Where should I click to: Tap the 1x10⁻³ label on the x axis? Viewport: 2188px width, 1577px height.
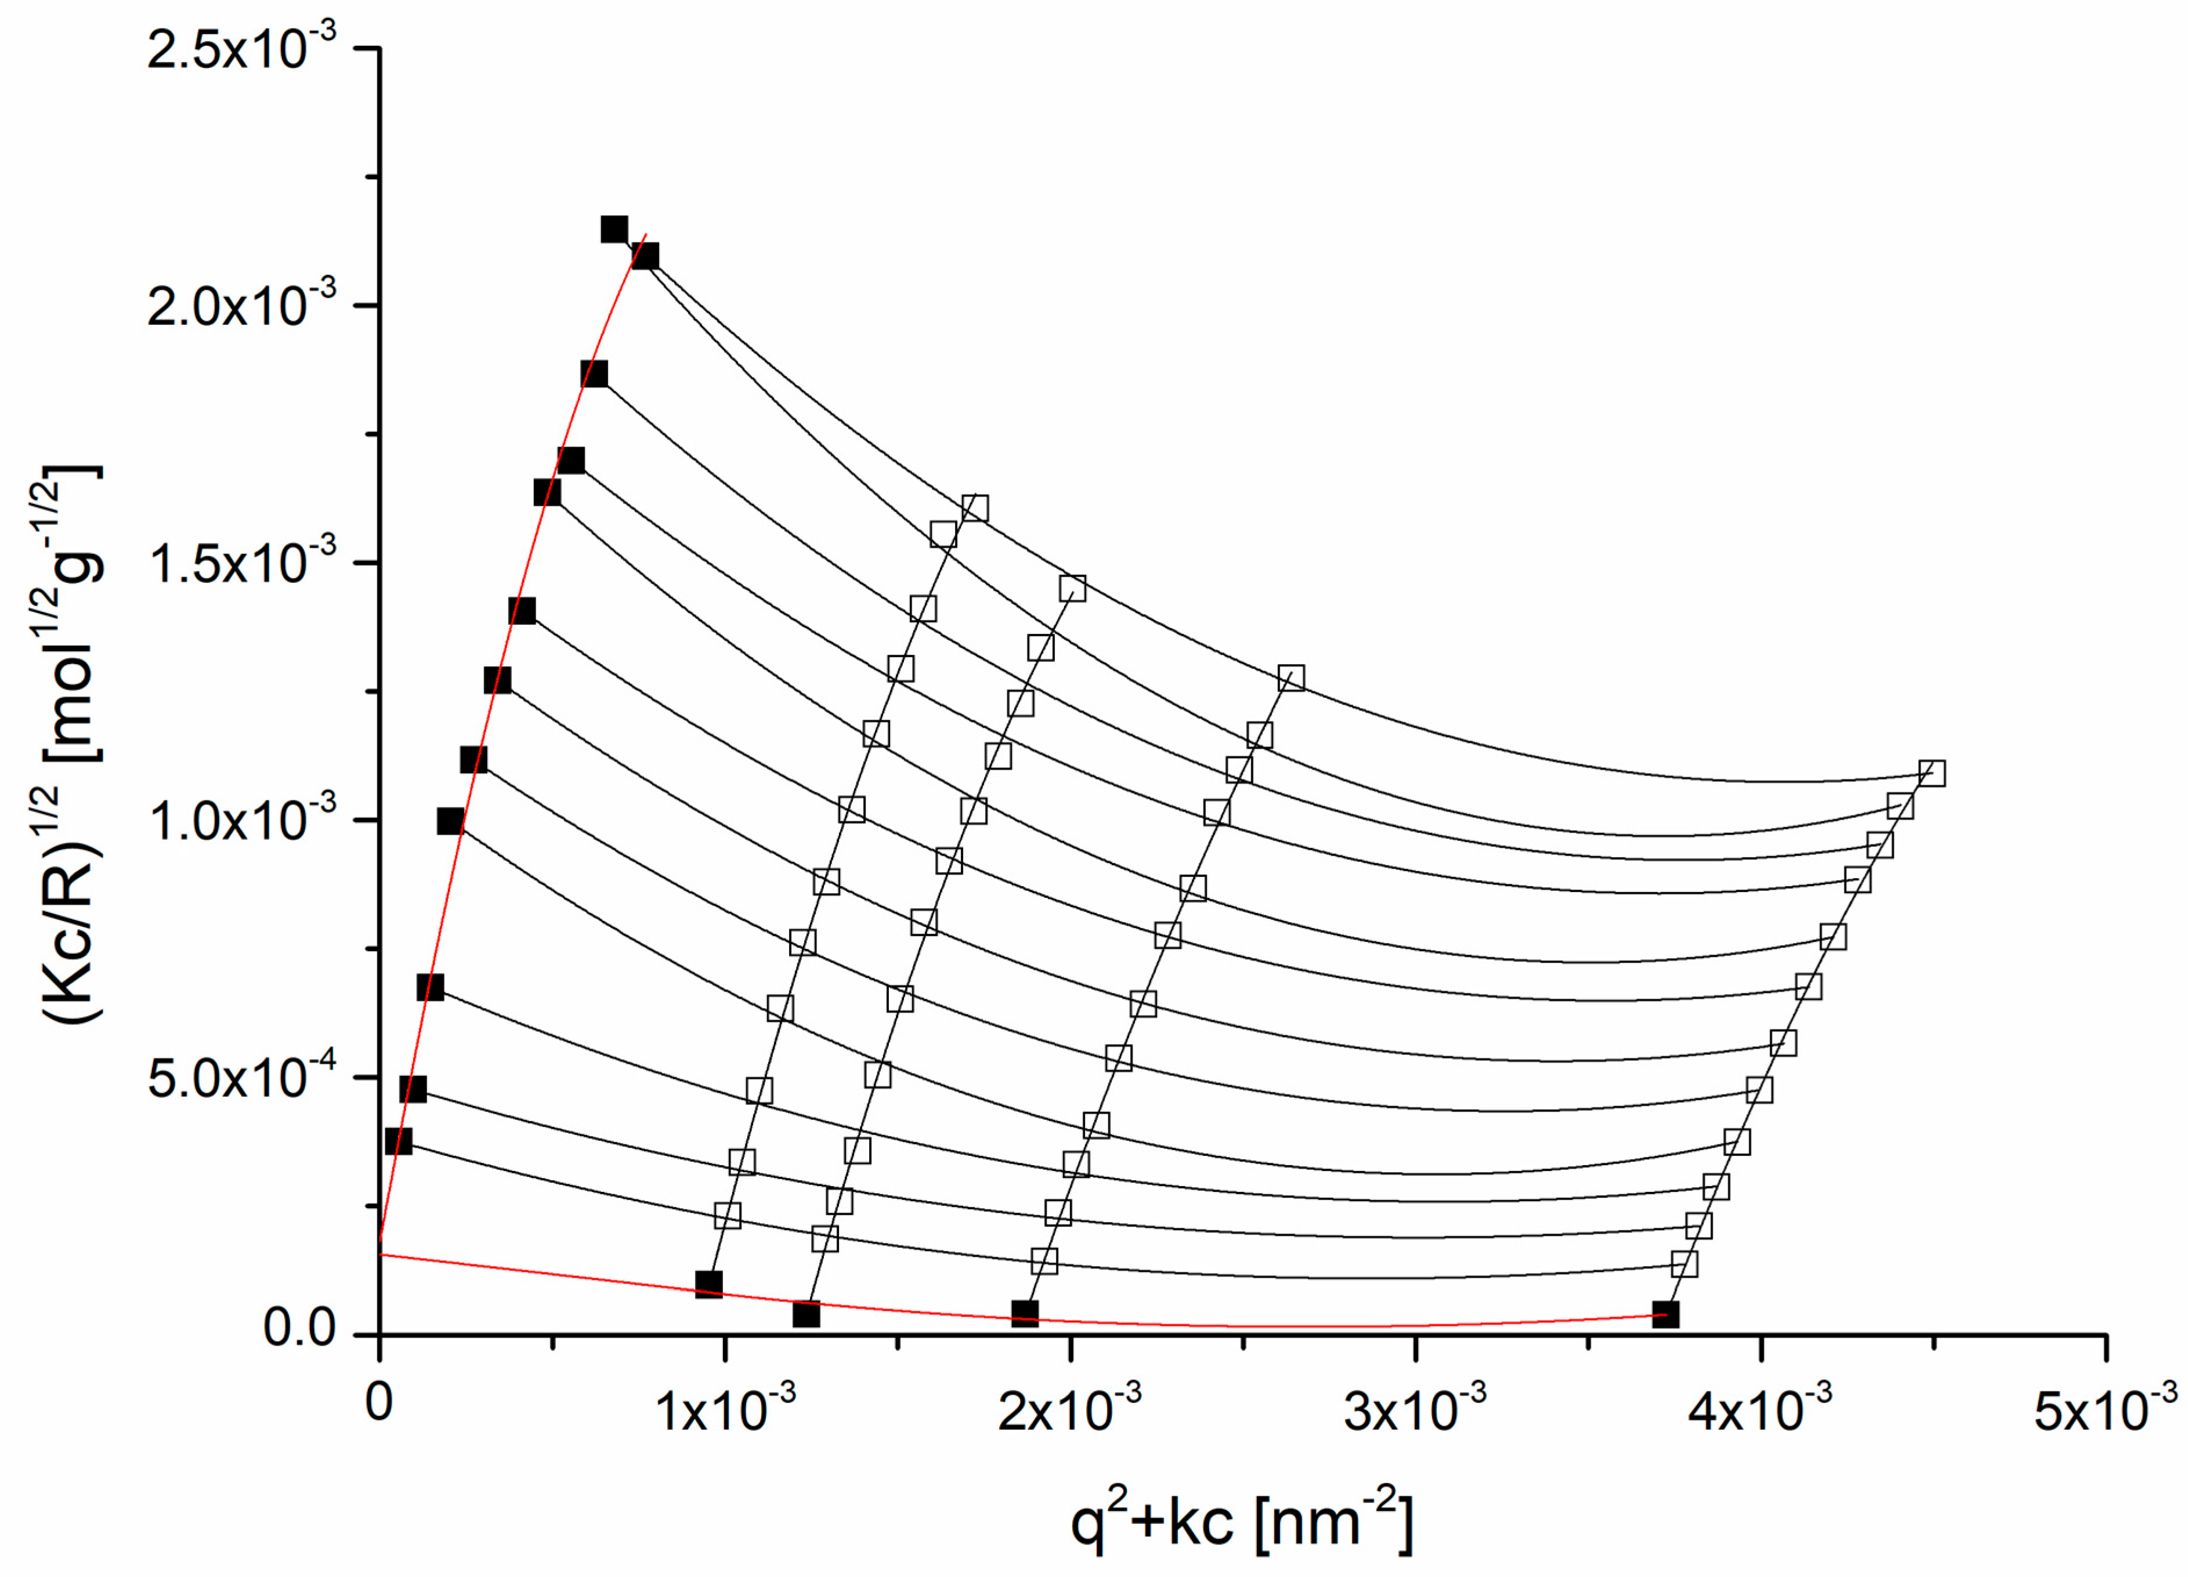(x=725, y=1409)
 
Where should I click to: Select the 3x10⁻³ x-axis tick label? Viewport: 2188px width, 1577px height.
(x=1415, y=1409)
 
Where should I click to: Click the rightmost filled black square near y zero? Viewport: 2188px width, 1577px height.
(x=1665, y=1314)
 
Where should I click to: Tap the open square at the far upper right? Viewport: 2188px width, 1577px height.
(x=1932, y=774)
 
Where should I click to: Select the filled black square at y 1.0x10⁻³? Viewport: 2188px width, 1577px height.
(x=450, y=822)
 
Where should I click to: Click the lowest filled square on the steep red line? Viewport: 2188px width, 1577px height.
(x=397, y=1141)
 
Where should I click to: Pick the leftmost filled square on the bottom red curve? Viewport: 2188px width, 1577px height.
(x=709, y=1284)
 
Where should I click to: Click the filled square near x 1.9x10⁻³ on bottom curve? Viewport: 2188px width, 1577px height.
(x=1025, y=1313)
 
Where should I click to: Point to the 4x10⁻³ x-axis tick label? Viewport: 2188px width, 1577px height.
(x=1760, y=1409)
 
